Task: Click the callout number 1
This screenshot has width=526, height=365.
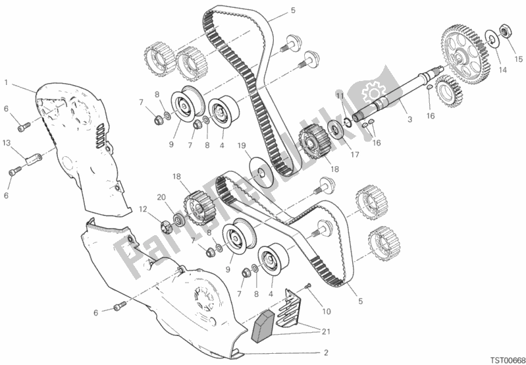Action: (x=7, y=82)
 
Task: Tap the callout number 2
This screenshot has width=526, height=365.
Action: (x=326, y=352)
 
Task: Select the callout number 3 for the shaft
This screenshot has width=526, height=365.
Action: (x=409, y=119)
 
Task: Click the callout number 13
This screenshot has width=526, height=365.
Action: (x=7, y=144)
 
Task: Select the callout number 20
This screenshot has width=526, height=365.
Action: (x=162, y=198)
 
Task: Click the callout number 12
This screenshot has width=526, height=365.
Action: (x=144, y=210)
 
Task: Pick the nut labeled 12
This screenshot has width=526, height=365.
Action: (x=167, y=227)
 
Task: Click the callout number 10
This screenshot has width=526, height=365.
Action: (x=327, y=312)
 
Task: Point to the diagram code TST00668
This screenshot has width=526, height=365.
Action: (x=506, y=360)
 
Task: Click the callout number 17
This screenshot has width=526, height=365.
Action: (x=355, y=155)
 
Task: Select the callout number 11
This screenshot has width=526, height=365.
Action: (x=340, y=96)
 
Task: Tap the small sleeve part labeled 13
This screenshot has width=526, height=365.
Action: (x=33, y=159)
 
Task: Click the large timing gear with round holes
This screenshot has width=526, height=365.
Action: (x=465, y=54)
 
